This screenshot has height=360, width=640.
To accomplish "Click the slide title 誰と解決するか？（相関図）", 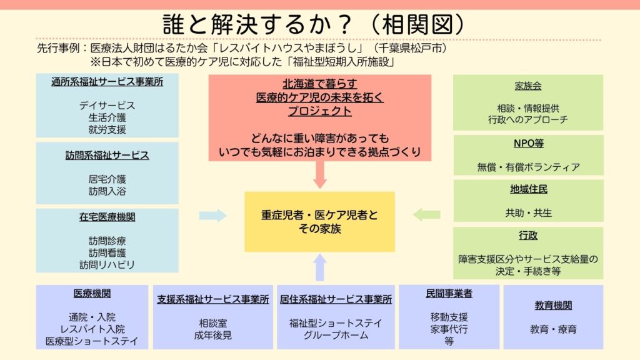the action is pyautogui.click(x=314, y=24).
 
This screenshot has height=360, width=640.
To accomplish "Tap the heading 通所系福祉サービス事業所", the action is pyautogui.click(x=107, y=82).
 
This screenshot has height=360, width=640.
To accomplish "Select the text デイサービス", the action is pyautogui.click(x=107, y=105).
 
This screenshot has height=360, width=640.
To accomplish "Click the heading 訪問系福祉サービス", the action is pyautogui.click(x=107, y=155).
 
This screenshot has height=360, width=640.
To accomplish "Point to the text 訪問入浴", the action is pyautogui.click(x=107, y=191).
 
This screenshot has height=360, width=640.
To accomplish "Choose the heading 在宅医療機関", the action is pyautogui.click(x=107, y=217).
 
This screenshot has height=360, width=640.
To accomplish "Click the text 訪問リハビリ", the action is pyautogui.click(x=107, y=265).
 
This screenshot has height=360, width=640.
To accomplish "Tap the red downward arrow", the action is pyautogui.click(x=320, y=175).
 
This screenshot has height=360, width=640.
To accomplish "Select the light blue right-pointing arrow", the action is pyautogui.click(x=212, y=215).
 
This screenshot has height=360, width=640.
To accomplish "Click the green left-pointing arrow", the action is pyautogui.click(x=426, y=214).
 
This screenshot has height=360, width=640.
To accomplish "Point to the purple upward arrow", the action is pyautogui.click(x=320, y=267).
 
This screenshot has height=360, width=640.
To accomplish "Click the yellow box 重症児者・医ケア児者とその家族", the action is pyautogui.click(x=319, y=222).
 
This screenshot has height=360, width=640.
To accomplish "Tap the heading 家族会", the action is pyautogui.click(x=527, y=86).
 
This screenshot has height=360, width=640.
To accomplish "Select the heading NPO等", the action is pyautogui.click(x=528, y=143).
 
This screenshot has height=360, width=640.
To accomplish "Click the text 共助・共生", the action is pyautogui.click(x=528, y=212).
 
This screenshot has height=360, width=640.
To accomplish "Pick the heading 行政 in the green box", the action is pyautogui.click(x=527, y=235).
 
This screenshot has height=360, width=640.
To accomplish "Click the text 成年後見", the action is pyautogui.click(x=212, y=335).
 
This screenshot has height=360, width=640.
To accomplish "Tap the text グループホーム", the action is pyautogui.click(x=336, y=335).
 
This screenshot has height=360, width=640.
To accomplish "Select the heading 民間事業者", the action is pyautogui.click(x=449, y=293).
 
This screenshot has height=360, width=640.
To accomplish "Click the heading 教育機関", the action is pyautogui.click(x=553, y=305).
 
